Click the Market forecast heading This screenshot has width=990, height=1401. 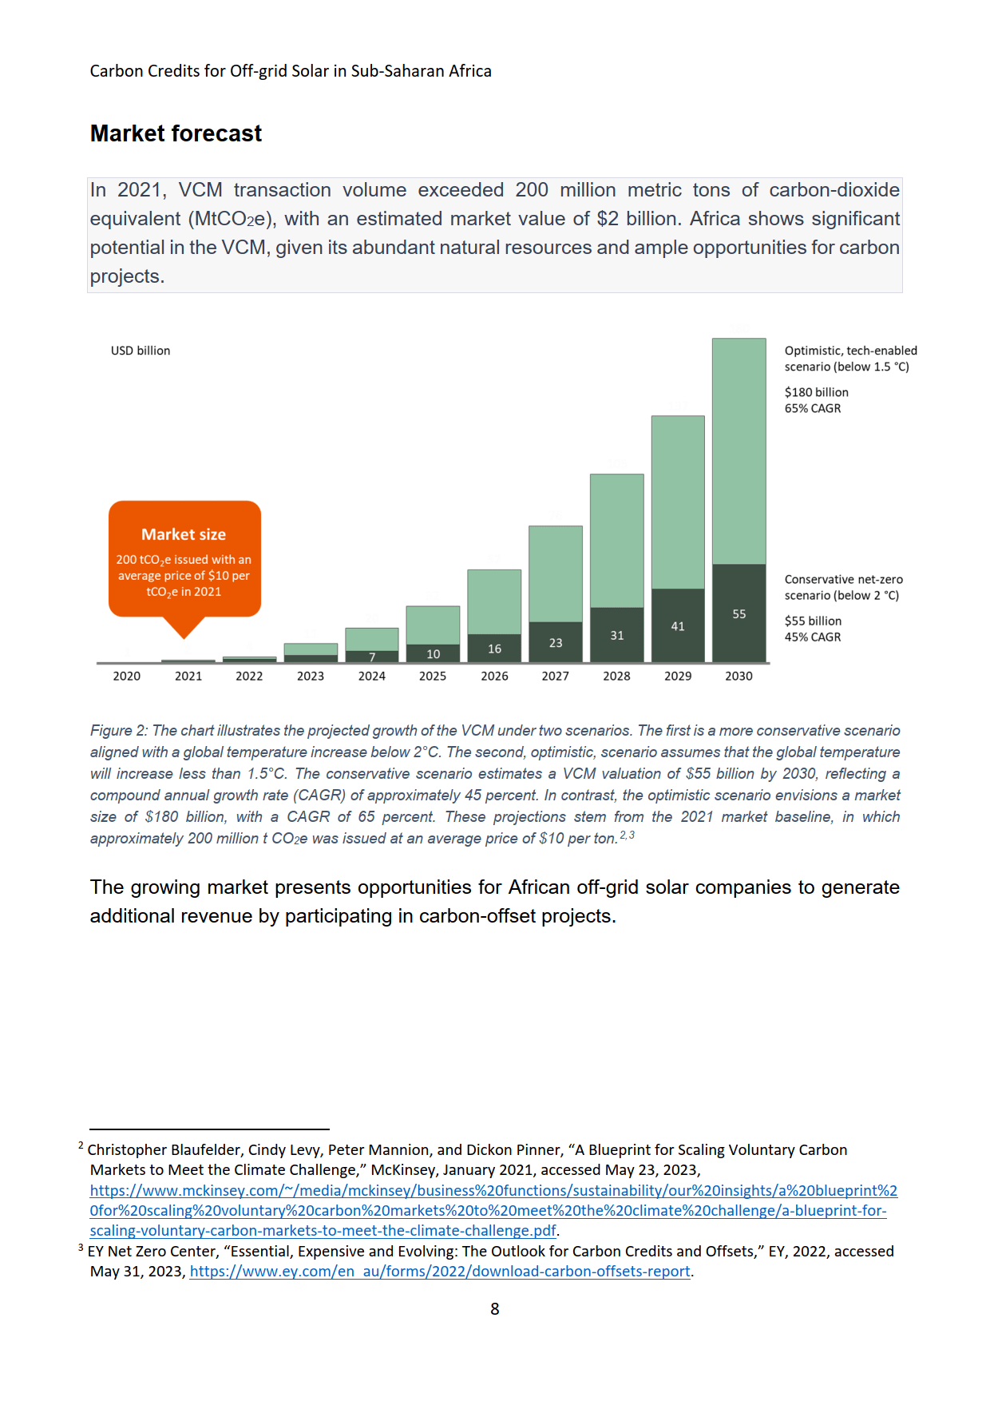[x=176, y=133]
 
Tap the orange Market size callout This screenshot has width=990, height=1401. [x=184, y=559]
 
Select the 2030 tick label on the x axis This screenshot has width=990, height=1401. [x=739, y=677]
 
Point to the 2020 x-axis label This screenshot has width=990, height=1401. [x=126, y=677]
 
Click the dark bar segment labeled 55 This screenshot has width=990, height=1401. [x=739, y=613]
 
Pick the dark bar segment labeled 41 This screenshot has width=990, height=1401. [x=678, y=625]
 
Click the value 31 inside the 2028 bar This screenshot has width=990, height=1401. [x=617, y=636]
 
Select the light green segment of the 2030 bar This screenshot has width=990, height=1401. [x=739, y=451]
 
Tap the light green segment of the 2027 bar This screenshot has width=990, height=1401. [x=556, y=573]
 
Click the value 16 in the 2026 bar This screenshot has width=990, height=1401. [x=495, y=649]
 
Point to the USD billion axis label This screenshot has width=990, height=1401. [x=141, y=351]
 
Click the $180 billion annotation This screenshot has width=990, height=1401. [x=816, y=392]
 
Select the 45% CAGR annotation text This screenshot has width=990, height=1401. [x=812, y=637]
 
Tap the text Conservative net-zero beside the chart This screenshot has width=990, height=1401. [x=843, y=580]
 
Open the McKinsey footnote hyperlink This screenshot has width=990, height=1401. [x=493, y=1211]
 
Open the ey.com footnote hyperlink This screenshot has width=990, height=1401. [x=440, y=1272]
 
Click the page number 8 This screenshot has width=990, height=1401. [x=495, y=1309]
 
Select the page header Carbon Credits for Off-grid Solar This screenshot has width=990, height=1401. [x=291, y=71]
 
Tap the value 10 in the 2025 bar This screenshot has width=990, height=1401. [x=433, y=654]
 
